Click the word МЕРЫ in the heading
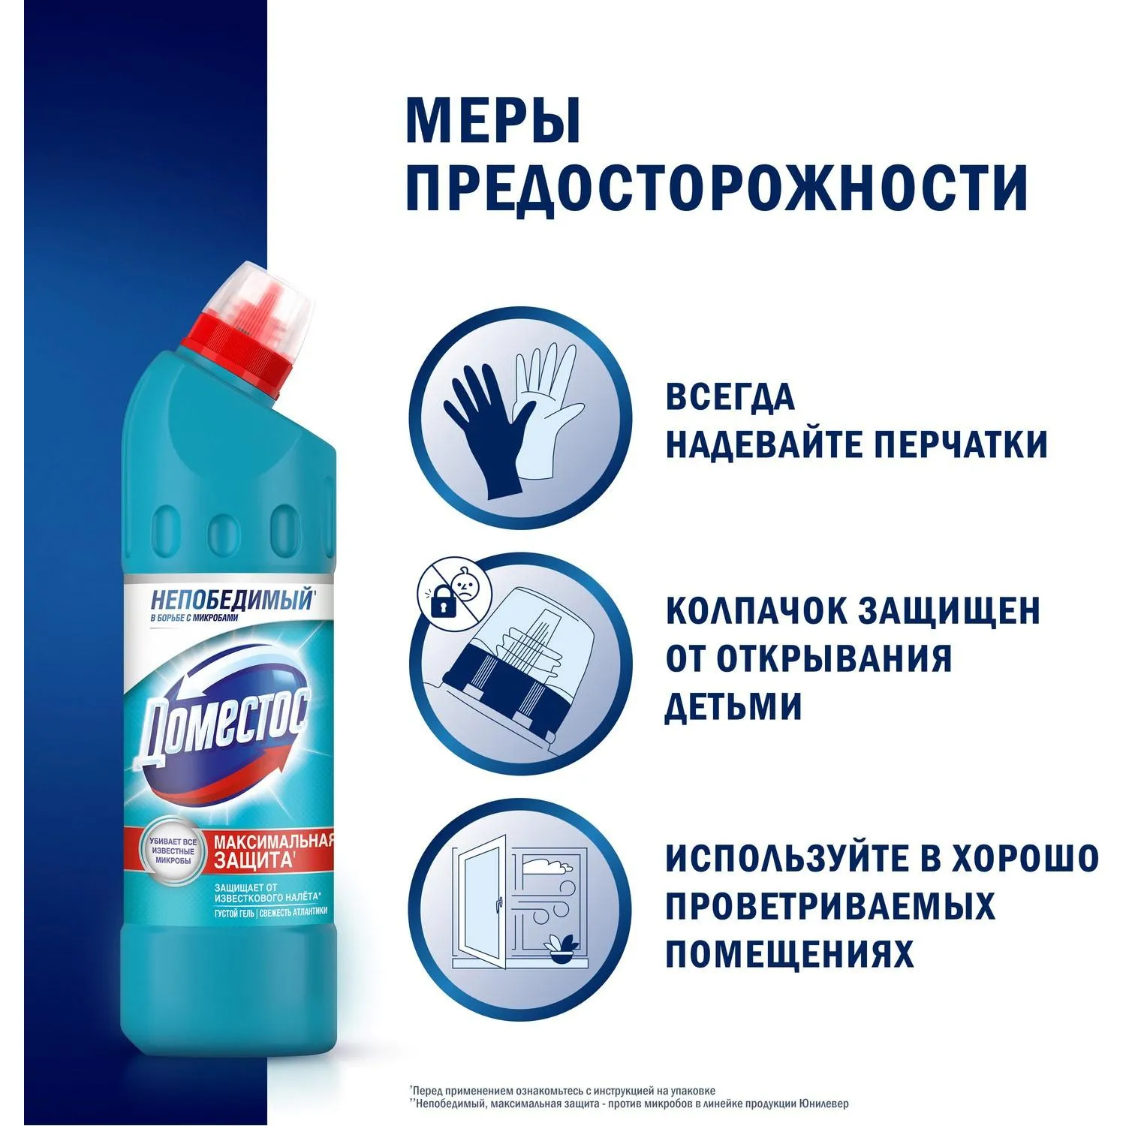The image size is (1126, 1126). [493, 119]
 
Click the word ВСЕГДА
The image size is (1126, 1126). [730, 396]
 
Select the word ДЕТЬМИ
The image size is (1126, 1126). [733, 706]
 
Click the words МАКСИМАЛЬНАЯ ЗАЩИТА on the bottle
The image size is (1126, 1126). [272, 850]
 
